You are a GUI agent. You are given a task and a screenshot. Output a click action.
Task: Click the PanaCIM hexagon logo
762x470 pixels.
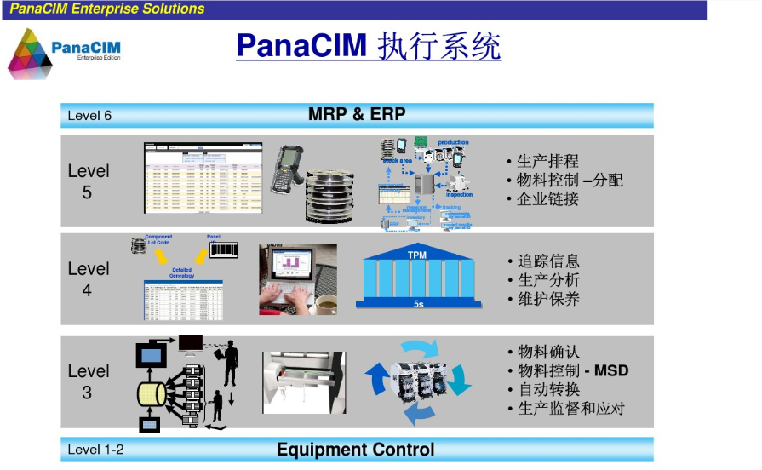[x=30, y=53]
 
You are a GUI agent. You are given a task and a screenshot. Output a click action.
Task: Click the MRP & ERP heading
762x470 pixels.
[x=357, y=114]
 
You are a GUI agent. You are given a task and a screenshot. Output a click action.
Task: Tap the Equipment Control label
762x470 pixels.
[x=355, y=450]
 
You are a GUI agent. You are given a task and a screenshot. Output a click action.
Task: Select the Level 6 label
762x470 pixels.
[x=89, y=115]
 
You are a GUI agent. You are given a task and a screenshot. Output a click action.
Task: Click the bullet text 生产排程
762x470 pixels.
[x=547, y=162]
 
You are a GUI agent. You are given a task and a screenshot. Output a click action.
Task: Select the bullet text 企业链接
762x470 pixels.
[x=547, y=199]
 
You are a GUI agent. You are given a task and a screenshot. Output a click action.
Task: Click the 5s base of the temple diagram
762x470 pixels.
[x=417, y=304]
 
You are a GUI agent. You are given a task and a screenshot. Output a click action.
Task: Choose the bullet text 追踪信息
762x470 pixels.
[x=548, y=261]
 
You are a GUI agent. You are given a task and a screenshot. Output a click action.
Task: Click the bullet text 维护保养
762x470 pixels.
[x=548, y=299]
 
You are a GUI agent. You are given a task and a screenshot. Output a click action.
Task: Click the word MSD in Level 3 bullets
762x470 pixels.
[x=612, y=370]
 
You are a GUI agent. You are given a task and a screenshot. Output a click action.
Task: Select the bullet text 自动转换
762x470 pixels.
[x=548, y=389]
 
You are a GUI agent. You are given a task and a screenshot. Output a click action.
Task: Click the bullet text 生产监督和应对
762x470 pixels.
[x=570, y=409]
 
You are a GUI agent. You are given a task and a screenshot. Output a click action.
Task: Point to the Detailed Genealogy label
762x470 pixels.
[x=181, y=272]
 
